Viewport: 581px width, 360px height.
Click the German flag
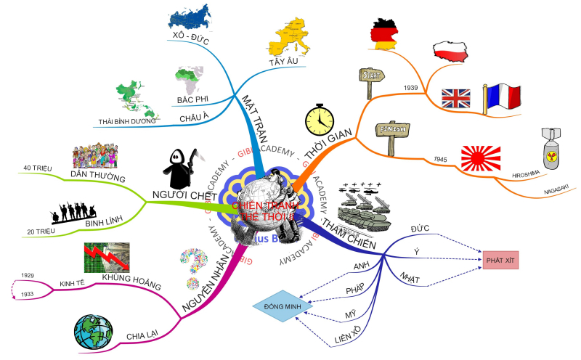pos(382,32)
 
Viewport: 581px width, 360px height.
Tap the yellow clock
pos(319,119)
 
